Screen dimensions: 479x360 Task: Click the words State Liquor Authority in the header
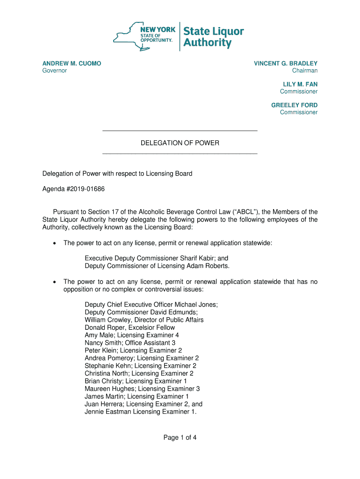[213, 37]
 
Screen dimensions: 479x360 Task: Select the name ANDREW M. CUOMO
[72, 63]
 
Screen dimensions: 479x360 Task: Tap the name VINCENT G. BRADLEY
[286, 63]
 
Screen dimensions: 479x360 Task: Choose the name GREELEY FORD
[294, 105]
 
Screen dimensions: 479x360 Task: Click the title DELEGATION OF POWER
[180, 143]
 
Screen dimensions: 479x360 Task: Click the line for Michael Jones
[151, 305]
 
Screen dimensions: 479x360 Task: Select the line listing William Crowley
[144, 320]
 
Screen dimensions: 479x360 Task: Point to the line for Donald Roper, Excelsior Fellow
[130, 327]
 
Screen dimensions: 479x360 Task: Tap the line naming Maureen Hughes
[142, 389]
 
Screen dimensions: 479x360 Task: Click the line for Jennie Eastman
[140, 412]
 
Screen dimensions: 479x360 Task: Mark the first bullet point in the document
[55, 243]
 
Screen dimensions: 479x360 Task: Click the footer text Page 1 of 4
[180, 438]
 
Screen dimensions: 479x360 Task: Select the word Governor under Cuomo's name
[55, 71]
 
